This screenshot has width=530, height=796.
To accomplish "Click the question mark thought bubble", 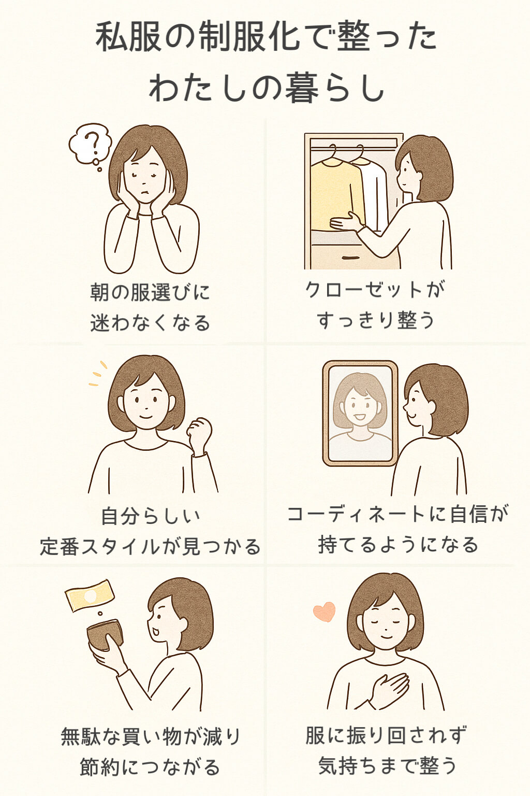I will (x=91, y=142).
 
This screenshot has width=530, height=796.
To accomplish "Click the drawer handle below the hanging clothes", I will (x=350, y=258).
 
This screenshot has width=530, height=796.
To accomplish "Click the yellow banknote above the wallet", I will (x=89, y=595).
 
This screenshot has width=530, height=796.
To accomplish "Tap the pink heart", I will (x=325, y=612).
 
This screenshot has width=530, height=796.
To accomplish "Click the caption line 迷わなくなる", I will (x=150, y=323).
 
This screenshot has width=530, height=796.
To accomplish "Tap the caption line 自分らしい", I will (x=150, y=516).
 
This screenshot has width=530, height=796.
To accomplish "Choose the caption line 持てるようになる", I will (x=397, y=545).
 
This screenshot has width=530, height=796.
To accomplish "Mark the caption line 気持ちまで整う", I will (x=387, y=765).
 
